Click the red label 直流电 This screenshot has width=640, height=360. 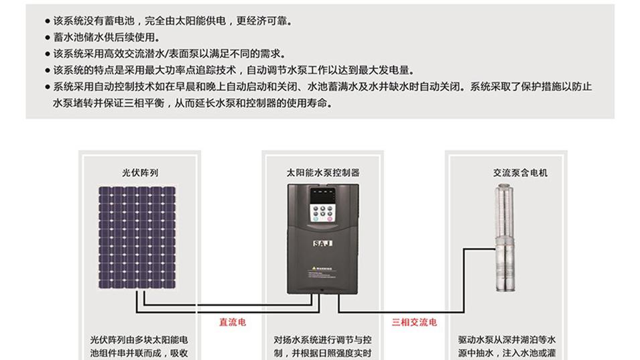coord(233,322)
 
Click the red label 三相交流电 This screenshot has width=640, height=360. coord(414,322)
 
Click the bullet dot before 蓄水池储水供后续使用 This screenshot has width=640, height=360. coord(47,38)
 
